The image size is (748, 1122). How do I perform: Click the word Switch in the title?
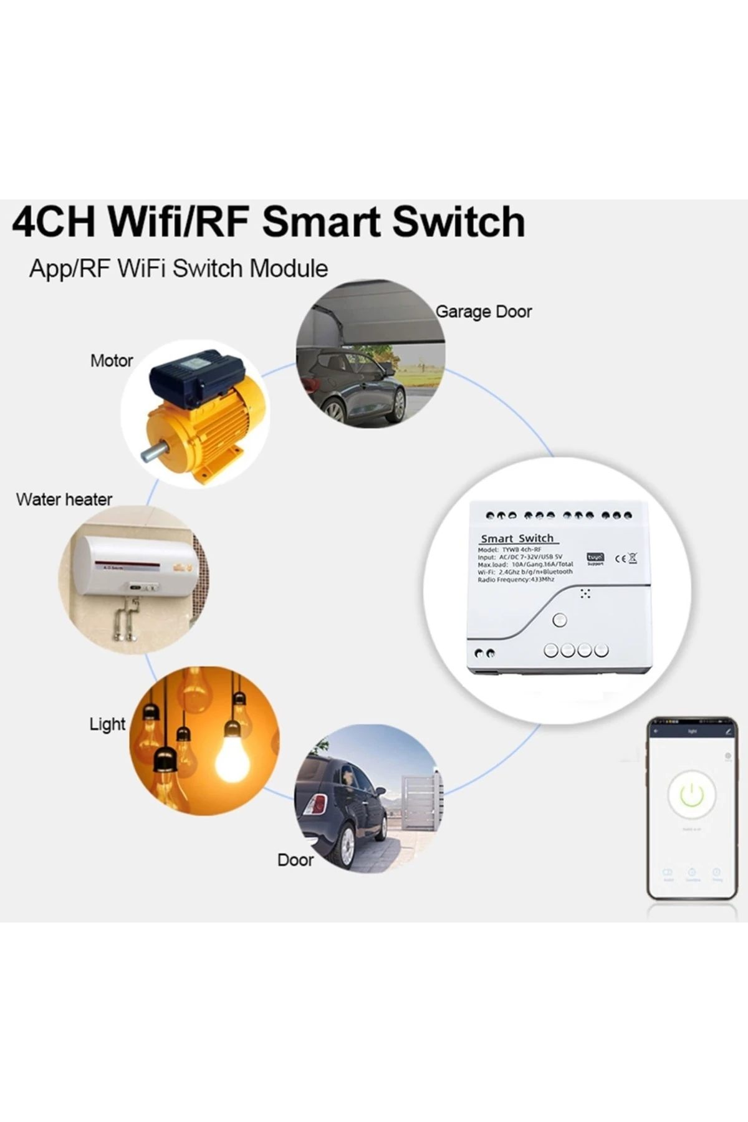[x=459, y=222]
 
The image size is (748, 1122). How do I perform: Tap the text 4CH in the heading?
[x=54, y=222]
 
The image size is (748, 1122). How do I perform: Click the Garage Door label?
[x=483, y=312]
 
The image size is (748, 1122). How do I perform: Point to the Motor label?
[x=112, y=361]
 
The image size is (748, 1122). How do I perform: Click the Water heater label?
[x=64, y=499]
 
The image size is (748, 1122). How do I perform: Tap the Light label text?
[x=107, y=724]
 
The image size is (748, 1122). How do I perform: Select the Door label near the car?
[x=295, y=860]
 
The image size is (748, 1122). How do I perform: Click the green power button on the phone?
[x=691, y=795]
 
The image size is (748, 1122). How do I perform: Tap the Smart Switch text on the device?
[x=517, y=539]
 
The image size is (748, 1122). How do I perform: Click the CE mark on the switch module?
[x=620, y=558]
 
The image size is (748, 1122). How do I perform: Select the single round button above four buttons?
[x=560, y=620]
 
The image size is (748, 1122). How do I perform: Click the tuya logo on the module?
[x=595, y=557]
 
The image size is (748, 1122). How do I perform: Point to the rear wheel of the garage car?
[x=334, y=410]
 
